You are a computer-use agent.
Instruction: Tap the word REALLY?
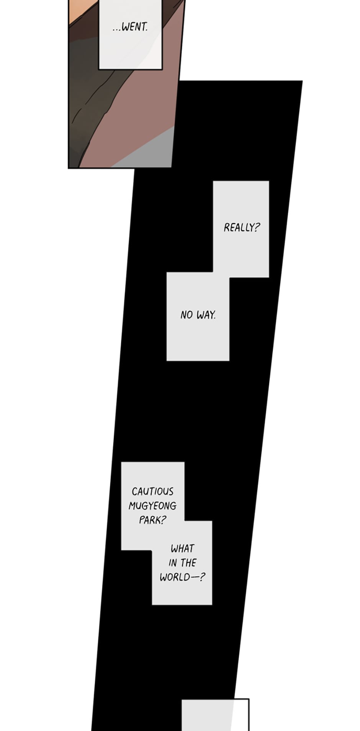[x=242, y=227]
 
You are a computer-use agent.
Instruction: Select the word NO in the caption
[x=187, y=315]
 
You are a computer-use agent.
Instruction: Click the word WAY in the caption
[x=206, y=315]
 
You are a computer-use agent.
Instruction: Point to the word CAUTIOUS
[x=152, y=491]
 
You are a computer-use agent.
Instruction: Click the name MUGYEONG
[x=152, y=506]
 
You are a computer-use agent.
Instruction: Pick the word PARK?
[x=152, y=521]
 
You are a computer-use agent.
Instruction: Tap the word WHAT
[x=182, y=548]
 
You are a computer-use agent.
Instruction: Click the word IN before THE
[x=173, y=563]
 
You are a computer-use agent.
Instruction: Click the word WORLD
[x=175, y=577]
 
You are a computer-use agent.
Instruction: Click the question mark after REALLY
[x=257, y=227]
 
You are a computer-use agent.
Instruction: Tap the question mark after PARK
[x=164, y=521]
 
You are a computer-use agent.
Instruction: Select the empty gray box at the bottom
[x=215, y=715]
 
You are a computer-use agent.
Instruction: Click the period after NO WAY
[x=215, y=318]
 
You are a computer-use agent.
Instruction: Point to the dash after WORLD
[x=195, y=577]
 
